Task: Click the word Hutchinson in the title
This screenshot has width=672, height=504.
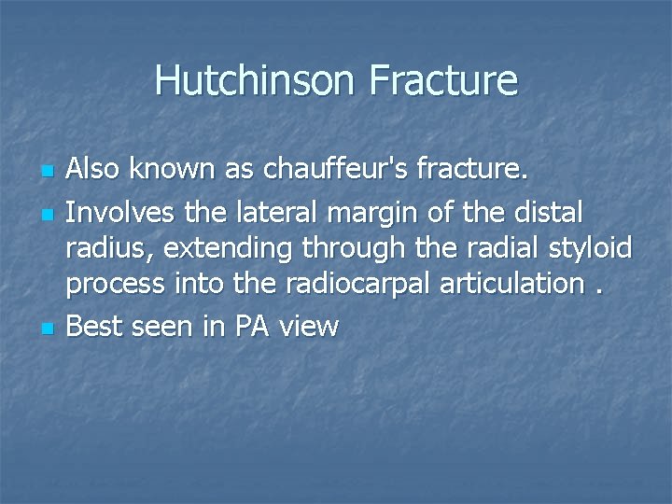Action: coord(255,80)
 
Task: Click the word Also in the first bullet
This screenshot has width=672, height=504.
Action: coord(93,171)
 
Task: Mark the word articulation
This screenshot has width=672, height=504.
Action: coord(508,285)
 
